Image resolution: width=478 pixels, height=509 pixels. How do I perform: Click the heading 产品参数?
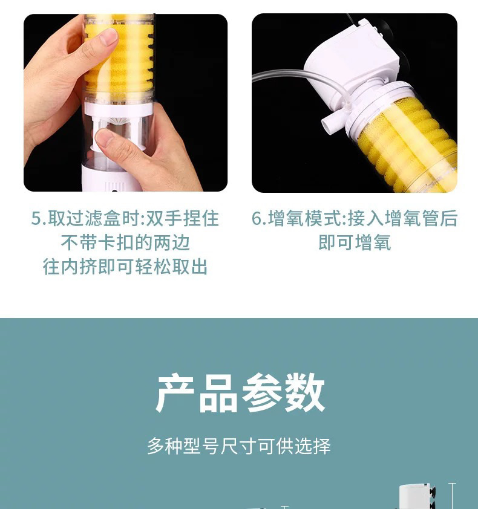[x=240, y=394]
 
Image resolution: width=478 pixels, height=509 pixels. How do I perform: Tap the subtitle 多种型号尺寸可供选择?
[x=239, y=446]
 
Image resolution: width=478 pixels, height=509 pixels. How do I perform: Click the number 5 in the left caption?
[x=36, y=219]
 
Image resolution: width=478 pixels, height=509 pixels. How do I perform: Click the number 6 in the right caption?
[x=257, y=219]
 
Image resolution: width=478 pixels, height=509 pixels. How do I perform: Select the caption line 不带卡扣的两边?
[x=125, y=243]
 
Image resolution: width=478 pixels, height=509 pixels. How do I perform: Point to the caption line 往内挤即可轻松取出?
[x=125, y=267]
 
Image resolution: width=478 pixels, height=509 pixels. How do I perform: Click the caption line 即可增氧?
[x=355, y=243]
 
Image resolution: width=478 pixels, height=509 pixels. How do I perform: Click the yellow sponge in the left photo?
[x=121, y=60]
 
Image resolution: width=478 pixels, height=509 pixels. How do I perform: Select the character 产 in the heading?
[x=176, y=394]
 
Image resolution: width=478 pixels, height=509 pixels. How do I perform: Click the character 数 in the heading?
[x=305, y=394]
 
